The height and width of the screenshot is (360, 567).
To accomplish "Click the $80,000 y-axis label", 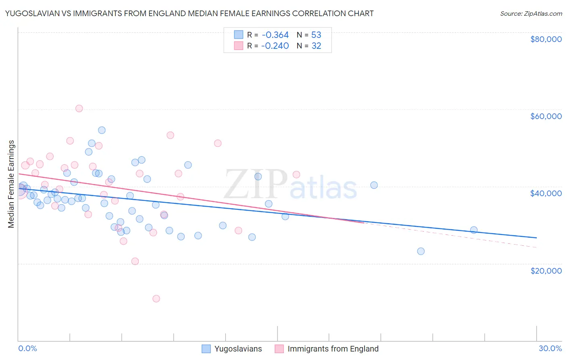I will pos(546,39).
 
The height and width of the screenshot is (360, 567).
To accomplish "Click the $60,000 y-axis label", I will pos(546,116).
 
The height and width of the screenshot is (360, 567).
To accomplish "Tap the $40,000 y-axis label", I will pos(546,193).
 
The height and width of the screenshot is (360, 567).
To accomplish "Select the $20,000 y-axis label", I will pos(546,270).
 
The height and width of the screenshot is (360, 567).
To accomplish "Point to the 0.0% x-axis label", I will pos(27,348).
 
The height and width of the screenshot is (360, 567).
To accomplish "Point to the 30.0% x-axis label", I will pos(550,348).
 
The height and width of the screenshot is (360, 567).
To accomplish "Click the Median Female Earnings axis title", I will pos(11,184).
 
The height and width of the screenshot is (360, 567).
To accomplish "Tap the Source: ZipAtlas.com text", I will pos(531,14).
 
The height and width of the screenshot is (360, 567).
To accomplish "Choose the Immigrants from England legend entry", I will pos(327,349).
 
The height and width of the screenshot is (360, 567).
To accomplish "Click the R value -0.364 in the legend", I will pos(275,35).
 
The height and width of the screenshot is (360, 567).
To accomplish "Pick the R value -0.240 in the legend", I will pos(275,46).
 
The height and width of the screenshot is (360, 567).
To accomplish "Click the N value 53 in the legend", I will pos(316,35).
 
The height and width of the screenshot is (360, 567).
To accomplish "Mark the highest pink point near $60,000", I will pos(79,109).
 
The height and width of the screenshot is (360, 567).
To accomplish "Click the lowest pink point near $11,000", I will pos(156,299).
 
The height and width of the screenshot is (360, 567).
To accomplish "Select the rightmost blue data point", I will pos(474,230).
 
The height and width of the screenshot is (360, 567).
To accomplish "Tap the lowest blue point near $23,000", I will pos(421,251).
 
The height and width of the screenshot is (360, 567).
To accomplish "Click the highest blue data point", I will pos(102,130).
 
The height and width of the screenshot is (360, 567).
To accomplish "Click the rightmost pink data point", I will pos(296,174).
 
